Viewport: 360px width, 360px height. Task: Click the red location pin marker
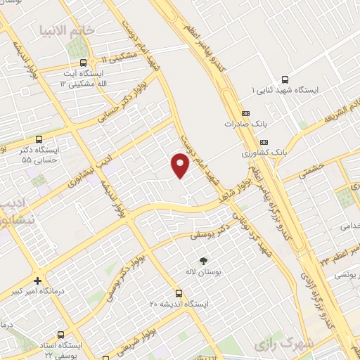coord(181,165)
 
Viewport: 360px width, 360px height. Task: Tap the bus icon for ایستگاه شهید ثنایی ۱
coord(284,79)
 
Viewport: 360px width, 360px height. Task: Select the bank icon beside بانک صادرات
coord(245,113)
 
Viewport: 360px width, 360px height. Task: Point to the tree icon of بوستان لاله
coord(205,259)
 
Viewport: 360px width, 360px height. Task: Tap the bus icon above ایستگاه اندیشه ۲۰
coord(179,292)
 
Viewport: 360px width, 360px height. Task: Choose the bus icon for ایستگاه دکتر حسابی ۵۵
coord(39,139)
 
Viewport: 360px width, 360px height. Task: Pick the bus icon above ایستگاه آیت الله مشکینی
coord(84,62)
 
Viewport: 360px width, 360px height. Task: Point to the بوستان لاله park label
coord(205,271)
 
